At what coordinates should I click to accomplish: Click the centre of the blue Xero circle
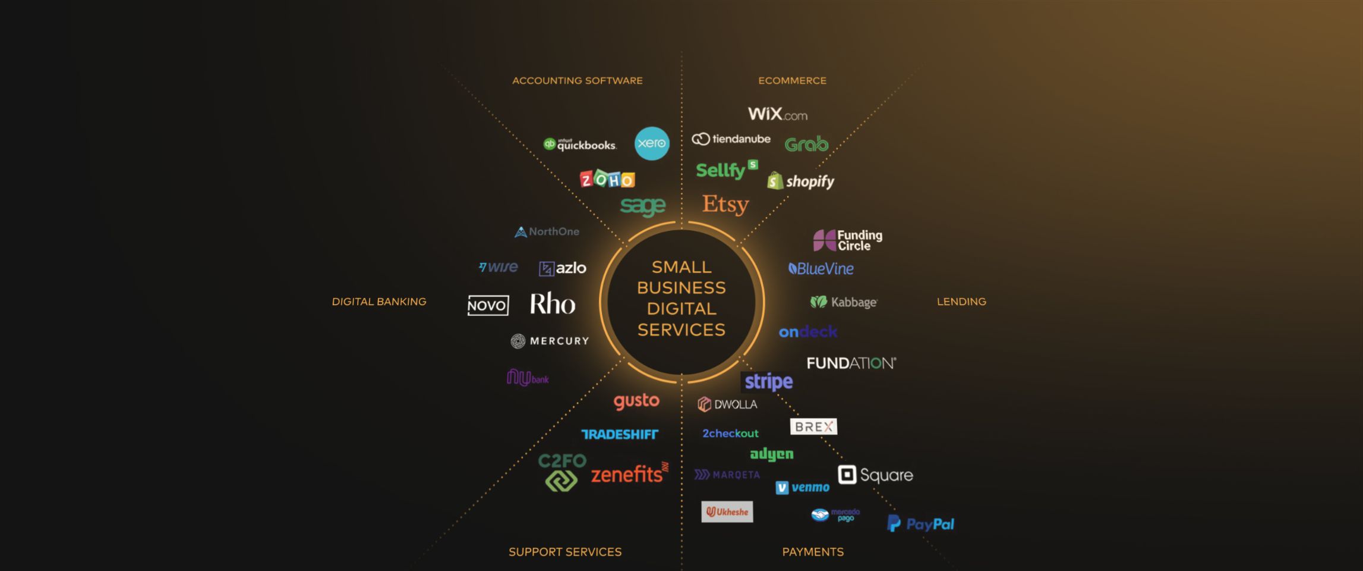point(652,143)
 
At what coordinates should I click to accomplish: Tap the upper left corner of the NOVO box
point(468,296)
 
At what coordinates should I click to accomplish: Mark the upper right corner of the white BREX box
point(837,419)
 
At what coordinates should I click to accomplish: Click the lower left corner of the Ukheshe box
point(702,522)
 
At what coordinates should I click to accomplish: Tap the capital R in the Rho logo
point(538,304)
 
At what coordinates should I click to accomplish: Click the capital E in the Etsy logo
point(709,203)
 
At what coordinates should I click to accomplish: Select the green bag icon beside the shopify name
point(775,181)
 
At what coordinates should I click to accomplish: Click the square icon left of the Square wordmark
point(847,475)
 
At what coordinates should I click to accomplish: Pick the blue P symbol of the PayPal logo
point(893,523)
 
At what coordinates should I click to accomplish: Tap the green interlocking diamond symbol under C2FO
point(561,481)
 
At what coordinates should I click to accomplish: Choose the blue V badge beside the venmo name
point(782,488)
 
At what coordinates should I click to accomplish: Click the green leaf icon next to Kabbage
point(818,302)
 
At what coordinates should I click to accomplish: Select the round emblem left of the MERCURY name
point(518,341)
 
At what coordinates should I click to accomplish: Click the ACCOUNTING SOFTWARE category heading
point(578,80)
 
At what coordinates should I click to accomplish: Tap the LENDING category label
point(961,302)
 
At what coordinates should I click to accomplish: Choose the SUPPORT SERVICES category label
point(565,552)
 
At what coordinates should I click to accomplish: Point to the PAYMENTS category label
point(813,552)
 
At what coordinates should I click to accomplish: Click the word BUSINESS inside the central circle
point(681,288)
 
